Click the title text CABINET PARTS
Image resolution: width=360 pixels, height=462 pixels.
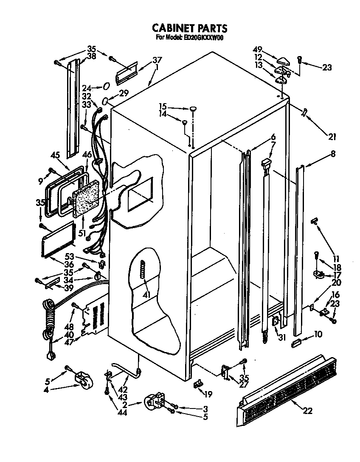coord(190,28)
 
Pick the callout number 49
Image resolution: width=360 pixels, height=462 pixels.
coord(257,49)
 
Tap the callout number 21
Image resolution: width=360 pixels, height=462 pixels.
coord(332,136)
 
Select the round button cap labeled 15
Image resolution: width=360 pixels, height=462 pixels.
coord(193,109)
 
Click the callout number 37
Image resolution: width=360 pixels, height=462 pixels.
coord(157,59)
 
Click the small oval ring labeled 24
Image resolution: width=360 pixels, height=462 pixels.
coord(106,87)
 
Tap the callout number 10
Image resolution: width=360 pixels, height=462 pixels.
coord(318,335)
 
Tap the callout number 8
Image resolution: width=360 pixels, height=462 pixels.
coord(332,155)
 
